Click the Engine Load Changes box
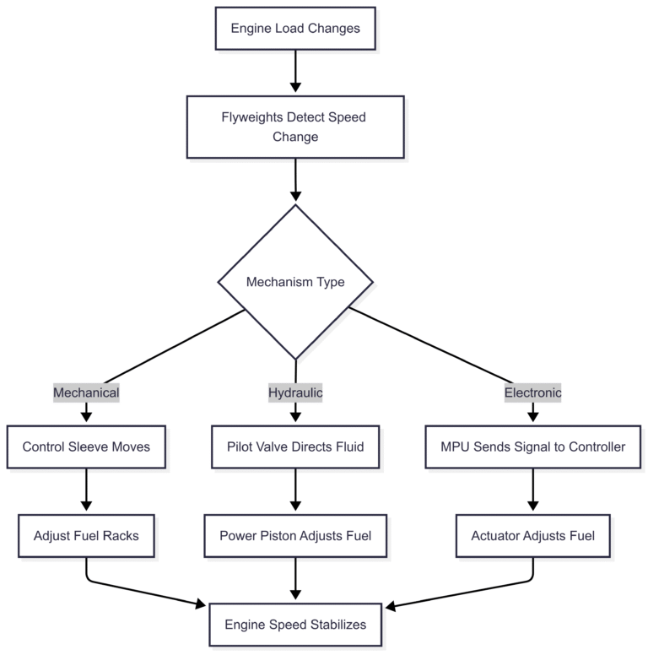pos(295,29)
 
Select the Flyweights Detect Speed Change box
pos(295,127)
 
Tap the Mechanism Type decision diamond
pos(295,282)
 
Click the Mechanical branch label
pos(86,392)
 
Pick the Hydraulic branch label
pos(295,392)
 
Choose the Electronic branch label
pos(532,392)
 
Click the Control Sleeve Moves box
pos(86,447)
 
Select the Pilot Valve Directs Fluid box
pos(295,447)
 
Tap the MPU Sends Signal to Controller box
pos(532,447)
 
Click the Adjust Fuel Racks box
pos(86,535)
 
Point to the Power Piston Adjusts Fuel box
pos(295,535)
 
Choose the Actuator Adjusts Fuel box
pos(532,535)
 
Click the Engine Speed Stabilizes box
pos(295,625)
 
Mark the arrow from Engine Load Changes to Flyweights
pos(295,73)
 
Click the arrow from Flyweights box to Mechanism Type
pos(295,180)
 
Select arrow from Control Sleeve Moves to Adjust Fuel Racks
pos(86,490)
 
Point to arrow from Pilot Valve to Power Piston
pos(295,490)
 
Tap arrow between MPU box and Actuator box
pos(532,490)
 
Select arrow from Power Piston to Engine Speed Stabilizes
pos(295,578)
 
